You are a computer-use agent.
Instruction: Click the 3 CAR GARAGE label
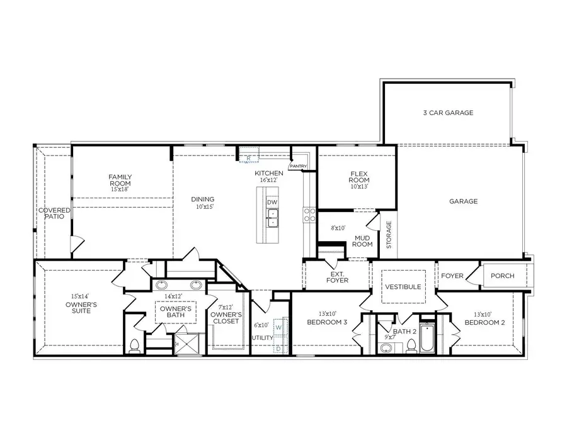coord(448,113)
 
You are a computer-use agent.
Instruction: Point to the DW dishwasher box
coord(272,202)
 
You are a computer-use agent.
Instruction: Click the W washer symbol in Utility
coord(278,328)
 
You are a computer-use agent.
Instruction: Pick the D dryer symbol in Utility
coord(278,348)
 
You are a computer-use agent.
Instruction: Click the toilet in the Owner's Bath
coord(134,345)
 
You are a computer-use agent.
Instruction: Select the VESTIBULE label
coord(403,286)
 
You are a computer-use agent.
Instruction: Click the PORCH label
coord(502,276)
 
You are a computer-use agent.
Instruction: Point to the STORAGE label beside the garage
coord(389,234)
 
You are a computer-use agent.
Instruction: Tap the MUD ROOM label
coord(363,240)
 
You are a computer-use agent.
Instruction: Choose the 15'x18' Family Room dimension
coord(119,189)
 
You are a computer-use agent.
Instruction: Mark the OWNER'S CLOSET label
coord(225,318)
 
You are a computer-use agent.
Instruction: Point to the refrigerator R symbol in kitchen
coord(249,158)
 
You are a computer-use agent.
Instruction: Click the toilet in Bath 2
coord(411,345)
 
